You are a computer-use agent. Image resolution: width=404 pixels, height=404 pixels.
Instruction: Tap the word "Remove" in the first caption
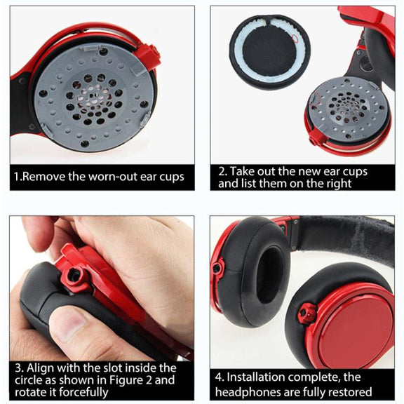click(x=43, y=177)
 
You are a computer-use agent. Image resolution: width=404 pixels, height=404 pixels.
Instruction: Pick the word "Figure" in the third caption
click(x=127, y=380)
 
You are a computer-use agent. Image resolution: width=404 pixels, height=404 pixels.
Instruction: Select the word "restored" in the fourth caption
click(x=351, y=392)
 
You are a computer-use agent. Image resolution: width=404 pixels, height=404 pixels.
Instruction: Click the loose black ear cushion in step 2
click(x=270, y=52)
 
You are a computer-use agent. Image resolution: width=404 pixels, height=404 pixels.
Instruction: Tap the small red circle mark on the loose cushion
click(x=295, y=38)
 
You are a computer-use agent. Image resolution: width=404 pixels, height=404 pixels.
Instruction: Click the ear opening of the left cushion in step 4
click(x=271, y=274)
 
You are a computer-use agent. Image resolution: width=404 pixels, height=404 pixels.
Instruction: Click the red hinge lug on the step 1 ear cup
click(x=148, y=55)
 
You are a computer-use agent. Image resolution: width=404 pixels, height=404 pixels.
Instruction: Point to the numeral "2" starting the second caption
click(x=221, y=172)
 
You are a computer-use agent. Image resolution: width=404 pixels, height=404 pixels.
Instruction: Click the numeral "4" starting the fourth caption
click(x=219, y=377)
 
